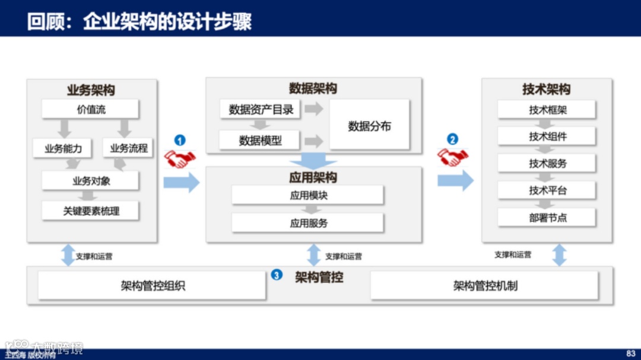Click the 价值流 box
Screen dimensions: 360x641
tap(90, 109)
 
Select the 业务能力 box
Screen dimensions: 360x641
tap(63, 148)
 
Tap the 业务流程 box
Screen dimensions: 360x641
tap(129, 148)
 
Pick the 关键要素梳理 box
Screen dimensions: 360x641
tap(90, 211)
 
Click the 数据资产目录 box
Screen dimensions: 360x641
tap(261, 109)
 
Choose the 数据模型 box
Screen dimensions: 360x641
tap(261, 141)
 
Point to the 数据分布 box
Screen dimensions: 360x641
tap(369, 125)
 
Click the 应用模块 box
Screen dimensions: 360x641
tap(308, 195)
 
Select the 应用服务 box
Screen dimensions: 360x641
tap(308, 223)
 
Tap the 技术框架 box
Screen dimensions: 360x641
tap(547, 110)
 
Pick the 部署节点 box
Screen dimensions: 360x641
tap(547, 218)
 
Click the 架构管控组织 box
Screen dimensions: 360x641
tap(153, 286)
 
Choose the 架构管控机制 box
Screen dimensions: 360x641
tap(484, 286)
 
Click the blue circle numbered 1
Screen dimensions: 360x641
tap(180, 141)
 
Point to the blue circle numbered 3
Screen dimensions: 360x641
tap(277, 275)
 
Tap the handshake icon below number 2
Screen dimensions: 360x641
tap(452, 157)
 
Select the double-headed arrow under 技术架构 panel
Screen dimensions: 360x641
tap(559, 255)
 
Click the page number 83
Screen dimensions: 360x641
tap(630, 353)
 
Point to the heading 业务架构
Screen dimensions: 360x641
tap(91, 90)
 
